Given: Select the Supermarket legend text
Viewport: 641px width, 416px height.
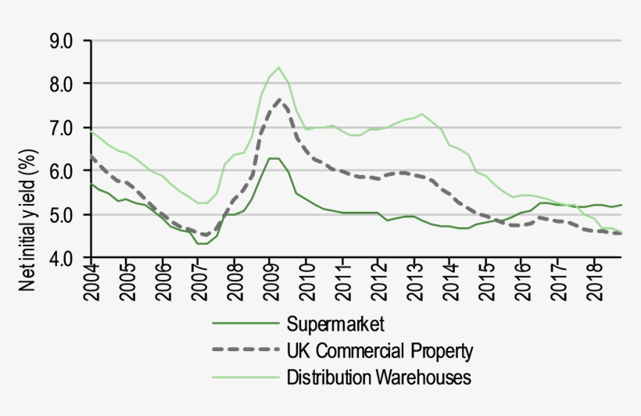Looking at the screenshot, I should pos(336,323).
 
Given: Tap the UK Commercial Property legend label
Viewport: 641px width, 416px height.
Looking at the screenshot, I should pos(381,350).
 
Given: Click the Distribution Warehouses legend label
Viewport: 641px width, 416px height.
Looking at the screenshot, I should pos(379,377).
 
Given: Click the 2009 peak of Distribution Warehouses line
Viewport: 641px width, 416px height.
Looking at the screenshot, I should pos(278,67).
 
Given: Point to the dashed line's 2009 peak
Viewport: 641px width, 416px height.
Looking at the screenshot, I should pos(278,99).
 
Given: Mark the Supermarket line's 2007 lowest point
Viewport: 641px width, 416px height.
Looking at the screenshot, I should pos(202,244).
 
